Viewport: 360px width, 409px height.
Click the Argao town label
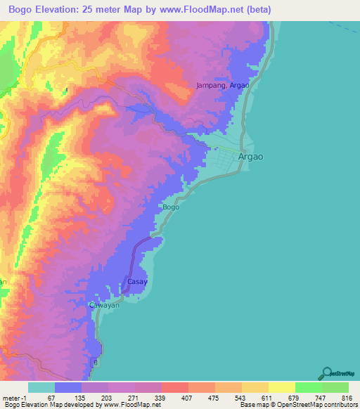click(x=251, y=157)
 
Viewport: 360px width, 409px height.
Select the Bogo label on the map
click(x=171, y=207)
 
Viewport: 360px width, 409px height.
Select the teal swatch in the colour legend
click(x=41, y=387)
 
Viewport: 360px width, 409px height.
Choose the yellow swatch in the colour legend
click(x=281, y=387)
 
